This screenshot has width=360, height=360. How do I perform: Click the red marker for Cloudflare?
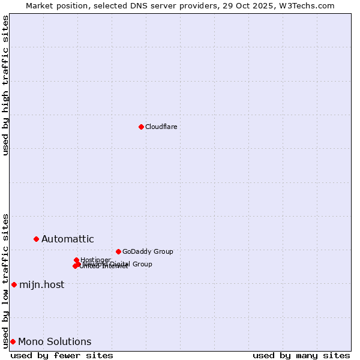[141, 127]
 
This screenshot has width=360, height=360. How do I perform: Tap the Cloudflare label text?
[161, 127]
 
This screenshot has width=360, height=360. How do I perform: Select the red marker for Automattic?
[36, 239]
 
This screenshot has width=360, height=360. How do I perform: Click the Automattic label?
[67, 239]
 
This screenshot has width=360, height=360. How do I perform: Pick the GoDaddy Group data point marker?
[118, 251]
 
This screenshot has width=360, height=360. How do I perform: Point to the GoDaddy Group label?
[148, 251]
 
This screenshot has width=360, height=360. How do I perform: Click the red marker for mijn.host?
[14, 284]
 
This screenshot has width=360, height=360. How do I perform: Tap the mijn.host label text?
[41, 285]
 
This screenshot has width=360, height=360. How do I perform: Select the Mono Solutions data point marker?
[13, 341]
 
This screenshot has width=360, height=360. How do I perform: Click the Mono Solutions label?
[55, 342]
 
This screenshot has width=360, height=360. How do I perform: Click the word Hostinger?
[96, 260]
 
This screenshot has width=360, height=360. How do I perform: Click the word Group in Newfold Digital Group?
[142, 264]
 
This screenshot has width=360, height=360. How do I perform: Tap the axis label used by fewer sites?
[62, 355]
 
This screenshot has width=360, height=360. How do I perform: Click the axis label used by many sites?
[301, 355]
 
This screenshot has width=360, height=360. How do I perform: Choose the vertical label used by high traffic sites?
[5, 85]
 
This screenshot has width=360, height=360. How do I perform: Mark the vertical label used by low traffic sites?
[5, 280]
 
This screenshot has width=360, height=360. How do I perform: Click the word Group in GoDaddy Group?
[163, 251]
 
